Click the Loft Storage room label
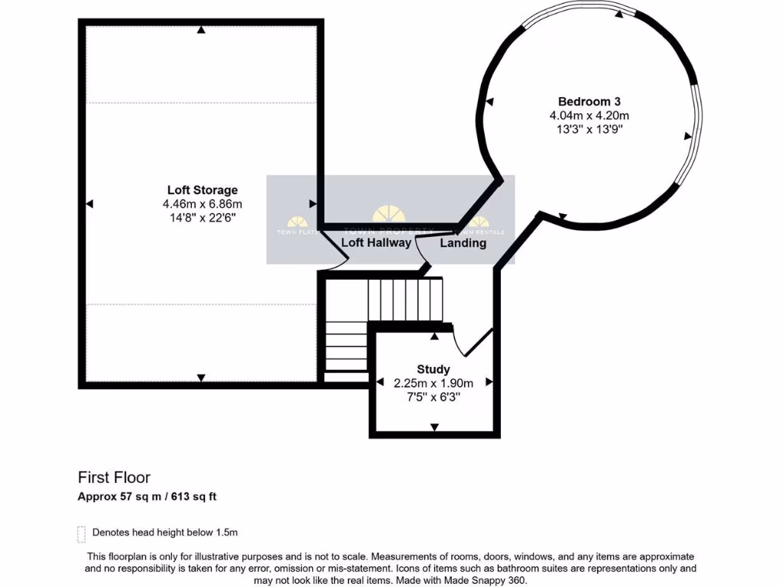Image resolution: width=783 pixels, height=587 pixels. (x=203, y=190)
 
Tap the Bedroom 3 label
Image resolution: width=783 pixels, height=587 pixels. (x=589, y=101)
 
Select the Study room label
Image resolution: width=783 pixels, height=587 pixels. (x=433, y=369)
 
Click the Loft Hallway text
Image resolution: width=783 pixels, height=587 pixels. (x=375, y=243)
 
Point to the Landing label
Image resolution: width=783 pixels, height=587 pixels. (x=463, y=243)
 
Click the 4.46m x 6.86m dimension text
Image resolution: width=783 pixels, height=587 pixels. (x=203, y=204)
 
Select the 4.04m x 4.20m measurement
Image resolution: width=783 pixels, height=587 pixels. (x=589, y=115)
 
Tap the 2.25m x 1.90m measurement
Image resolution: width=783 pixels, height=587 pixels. (x=433, y=383)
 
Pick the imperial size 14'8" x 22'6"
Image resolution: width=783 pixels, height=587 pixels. (x=203, y=218)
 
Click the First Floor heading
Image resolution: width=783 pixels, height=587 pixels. (x=114, y=477)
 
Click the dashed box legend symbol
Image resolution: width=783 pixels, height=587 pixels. (x=81, y=533)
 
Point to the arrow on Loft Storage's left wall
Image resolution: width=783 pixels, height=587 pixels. (x=89, y=203)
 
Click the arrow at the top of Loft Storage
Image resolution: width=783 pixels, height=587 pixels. (x=201, y=30)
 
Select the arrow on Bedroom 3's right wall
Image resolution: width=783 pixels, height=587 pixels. (x=688, y=136)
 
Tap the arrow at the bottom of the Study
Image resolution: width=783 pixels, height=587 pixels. (x=434, y=427)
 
